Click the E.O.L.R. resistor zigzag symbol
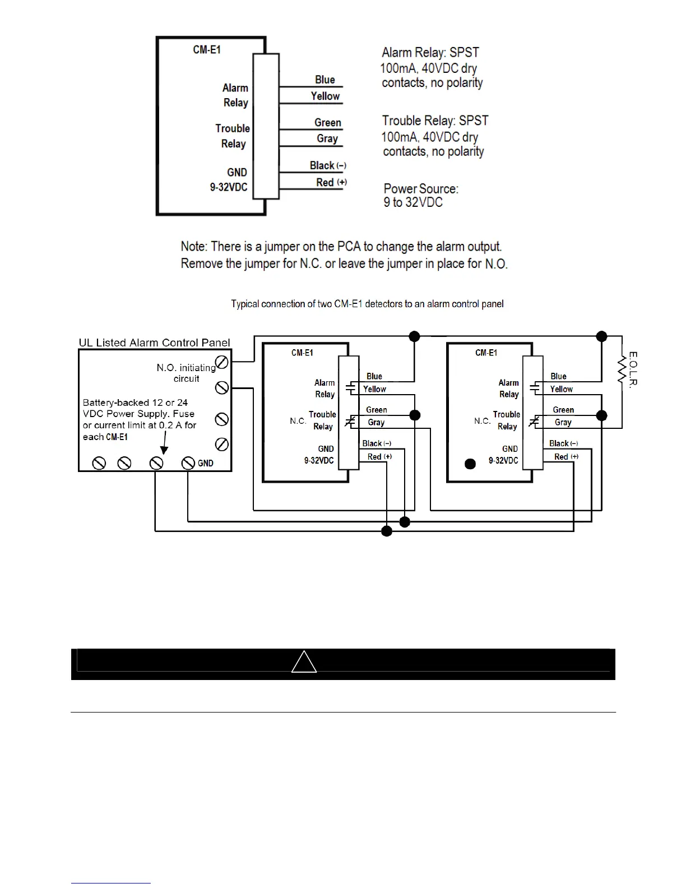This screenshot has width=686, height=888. pyautogui.click(x=621, y=369)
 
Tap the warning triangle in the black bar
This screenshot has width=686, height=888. pyautogui.click(x=304, y=662)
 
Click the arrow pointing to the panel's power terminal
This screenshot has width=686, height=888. pyautogui.click(x=164, y=447)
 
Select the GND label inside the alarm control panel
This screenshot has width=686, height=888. pyautogui.click(x=206, y=463)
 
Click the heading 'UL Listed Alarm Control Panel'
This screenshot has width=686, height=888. pyautogui.click(x=154, y=343)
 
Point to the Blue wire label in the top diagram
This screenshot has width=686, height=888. pyautogui.click(x=325, y=80)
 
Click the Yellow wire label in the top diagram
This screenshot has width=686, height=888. pyautogui.click(x=325, y=96)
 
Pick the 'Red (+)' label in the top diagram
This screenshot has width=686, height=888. pyautogui.click(x=331, y=182)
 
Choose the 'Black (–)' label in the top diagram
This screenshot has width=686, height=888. pyautogui.click(x=328, y=165)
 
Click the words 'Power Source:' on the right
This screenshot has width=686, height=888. pyautogui.click(x=421, y=188)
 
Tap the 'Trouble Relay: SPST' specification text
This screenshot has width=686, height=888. pyautogui.click(x=435, y=121)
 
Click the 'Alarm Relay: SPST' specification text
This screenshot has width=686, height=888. pyautogui.click(x=430, y=53)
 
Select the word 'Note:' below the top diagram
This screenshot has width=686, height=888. pyautogui.click(x=194, y=247)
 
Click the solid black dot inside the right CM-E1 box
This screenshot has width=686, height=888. pyautogui.click(x=471, y=464)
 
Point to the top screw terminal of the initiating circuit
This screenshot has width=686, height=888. pyautogui.click(x=222, y=362)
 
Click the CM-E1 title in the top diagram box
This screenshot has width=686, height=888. pyautogui.click(x=207, y=49)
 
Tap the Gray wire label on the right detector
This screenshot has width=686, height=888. pyautogui.click(x=563, y=422)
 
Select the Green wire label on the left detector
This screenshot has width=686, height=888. pyautogui.click(x=377, y=410)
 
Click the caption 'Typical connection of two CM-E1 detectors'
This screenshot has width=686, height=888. pyautogui.click(x=367, y=304)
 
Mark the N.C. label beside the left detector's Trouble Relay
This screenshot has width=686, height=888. pyautogui.click(x=298, y=420)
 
